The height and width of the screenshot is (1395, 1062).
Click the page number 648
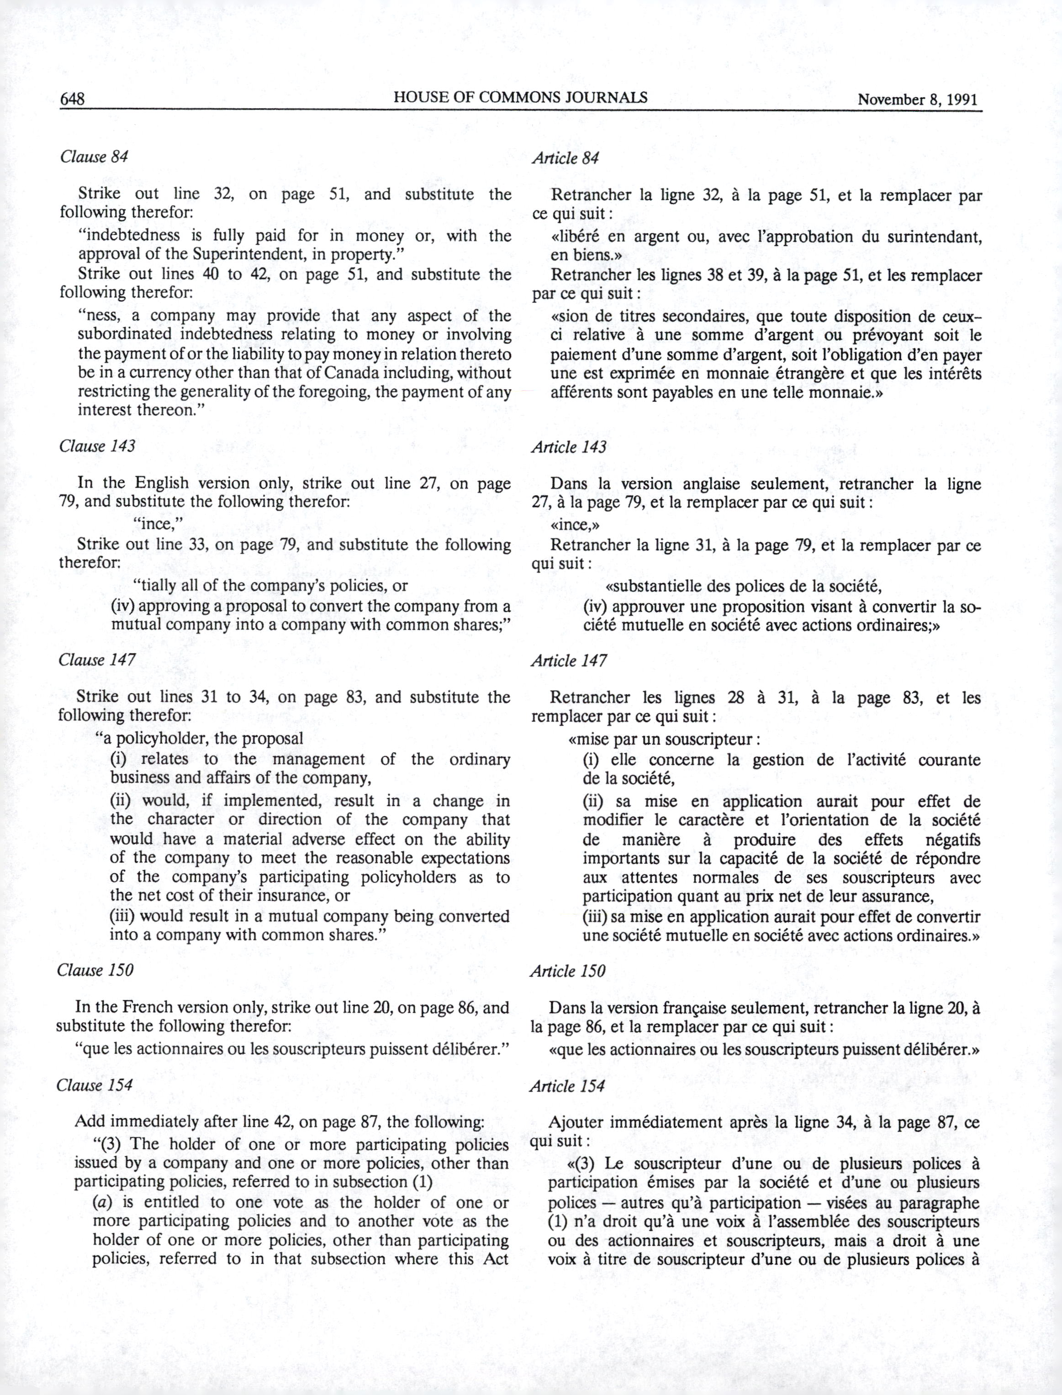pos(73,99)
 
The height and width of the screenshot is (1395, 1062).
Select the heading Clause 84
pos(94,157)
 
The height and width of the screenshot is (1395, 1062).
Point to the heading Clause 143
pos(97,446)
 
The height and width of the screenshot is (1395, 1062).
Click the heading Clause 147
pos(97,660)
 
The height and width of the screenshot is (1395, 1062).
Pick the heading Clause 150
pos(95,970)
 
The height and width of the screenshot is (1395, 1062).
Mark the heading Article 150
pos(567,971)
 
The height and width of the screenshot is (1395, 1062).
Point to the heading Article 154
pos(566,1087)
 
